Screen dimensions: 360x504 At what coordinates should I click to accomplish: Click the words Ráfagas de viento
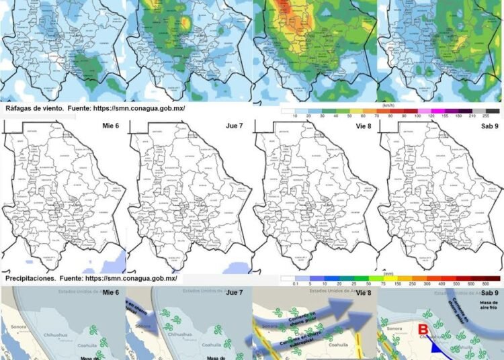point(32,107)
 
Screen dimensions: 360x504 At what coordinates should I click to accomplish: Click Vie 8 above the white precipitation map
point(359,124)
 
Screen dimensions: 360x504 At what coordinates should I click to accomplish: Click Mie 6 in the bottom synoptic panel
point(111,293)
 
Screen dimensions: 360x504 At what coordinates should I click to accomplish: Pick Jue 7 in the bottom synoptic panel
point(235,293)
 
